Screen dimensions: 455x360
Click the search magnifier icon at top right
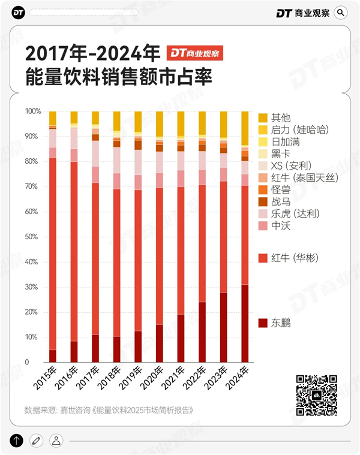(x=341, y=12)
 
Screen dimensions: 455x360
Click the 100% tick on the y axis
(x=33, y=112)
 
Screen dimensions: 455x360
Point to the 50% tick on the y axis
(x=33, y=237)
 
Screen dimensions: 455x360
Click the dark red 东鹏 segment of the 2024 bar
(x=245, y=324)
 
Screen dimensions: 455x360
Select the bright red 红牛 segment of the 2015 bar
(x=53, y=252)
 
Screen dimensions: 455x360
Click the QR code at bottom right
(x=316, y=395)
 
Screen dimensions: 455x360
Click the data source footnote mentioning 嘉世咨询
(x=109, y=411)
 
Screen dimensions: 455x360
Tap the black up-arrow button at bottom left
(x=17, y=441)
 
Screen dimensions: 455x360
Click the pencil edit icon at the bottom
(x=37, y=441)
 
